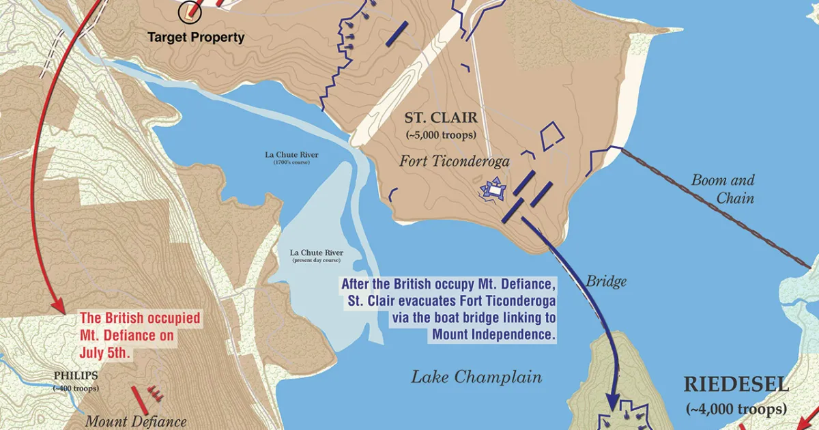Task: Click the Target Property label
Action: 196,38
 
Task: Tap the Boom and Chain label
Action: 723,189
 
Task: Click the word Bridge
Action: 606,281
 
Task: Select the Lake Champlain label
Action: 476,377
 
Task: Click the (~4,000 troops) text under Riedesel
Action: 736,410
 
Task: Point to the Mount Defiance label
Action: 135,421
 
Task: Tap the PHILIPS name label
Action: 76,375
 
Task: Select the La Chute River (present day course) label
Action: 317,257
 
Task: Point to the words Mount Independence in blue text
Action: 495,334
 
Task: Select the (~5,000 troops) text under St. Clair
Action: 442,134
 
